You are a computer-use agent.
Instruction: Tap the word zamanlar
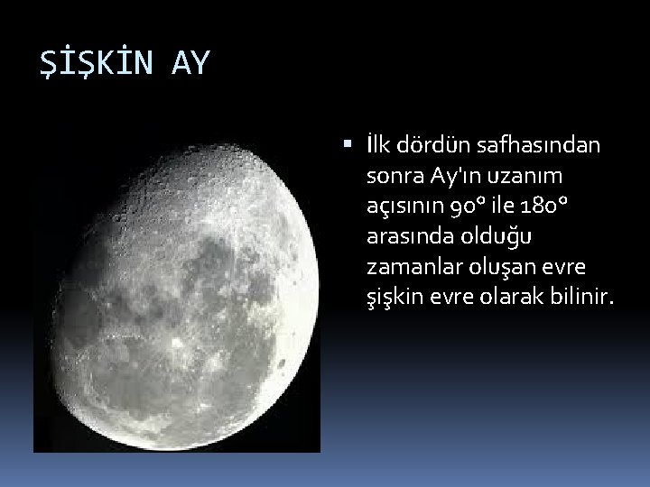click(409, 266)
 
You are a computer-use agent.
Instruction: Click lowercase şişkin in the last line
click(394, 297)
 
